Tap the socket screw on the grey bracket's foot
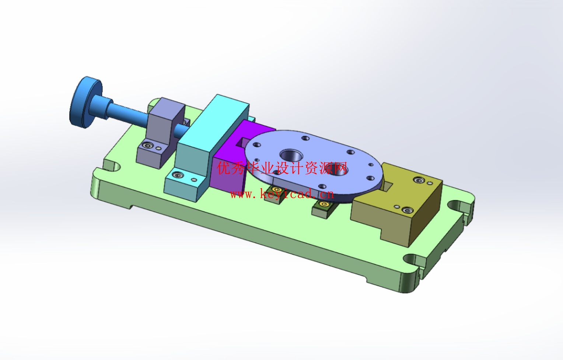pyautogui.click(x=148, y=145)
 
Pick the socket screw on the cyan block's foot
pyautogui.click(x=178, y=175)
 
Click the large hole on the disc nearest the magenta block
pyautogui.click(x=291, y=155)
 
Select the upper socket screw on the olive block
pyautogui.click(x=419, y=180)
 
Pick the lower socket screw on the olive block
pyautogui.click(x=408, y=210)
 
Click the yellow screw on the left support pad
pyautogui.click(x=277, y=190)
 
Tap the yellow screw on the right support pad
pyautogui.click(x=324, y=204)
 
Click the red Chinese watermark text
pyautogui.click(x=282, y=168)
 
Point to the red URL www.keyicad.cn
pyautogui.click(x=282, y=194)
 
